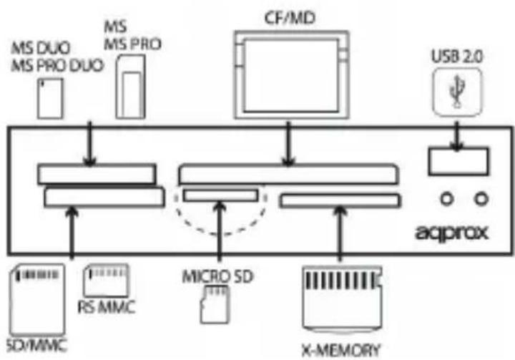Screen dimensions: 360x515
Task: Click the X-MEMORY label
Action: (340, 349)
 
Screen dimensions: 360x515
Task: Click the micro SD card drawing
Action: (213, 303)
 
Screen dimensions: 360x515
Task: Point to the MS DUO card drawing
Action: (50, 97)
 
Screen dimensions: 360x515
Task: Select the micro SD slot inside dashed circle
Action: (220, 195)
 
